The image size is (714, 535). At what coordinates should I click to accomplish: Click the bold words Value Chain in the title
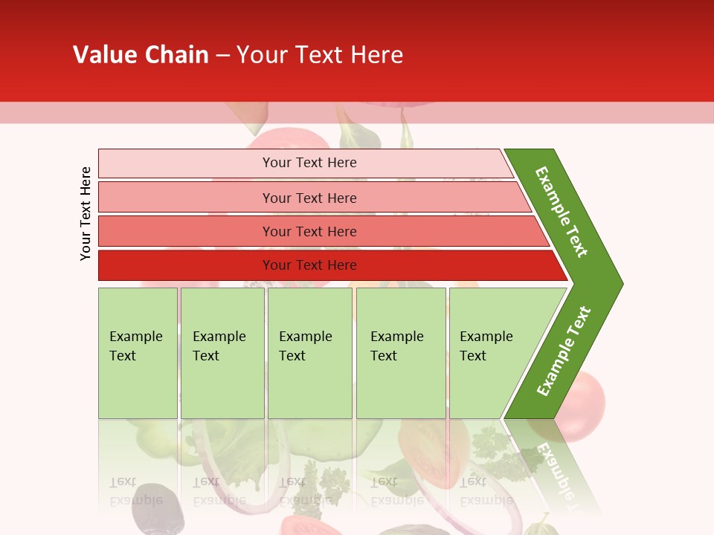(141, 55)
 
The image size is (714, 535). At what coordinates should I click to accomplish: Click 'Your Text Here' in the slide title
(320, 55)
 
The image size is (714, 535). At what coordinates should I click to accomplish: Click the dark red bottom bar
(186, 265)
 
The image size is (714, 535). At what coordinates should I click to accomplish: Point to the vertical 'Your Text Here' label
(86, 213)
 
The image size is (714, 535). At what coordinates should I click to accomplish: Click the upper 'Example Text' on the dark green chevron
(562, 212)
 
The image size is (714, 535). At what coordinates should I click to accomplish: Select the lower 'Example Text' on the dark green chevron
(564, 351)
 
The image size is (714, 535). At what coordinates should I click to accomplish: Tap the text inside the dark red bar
(309, 265)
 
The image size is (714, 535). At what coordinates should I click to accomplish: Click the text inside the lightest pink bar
(309, 163)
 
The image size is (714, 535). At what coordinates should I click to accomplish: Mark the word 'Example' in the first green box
(135, 337)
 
